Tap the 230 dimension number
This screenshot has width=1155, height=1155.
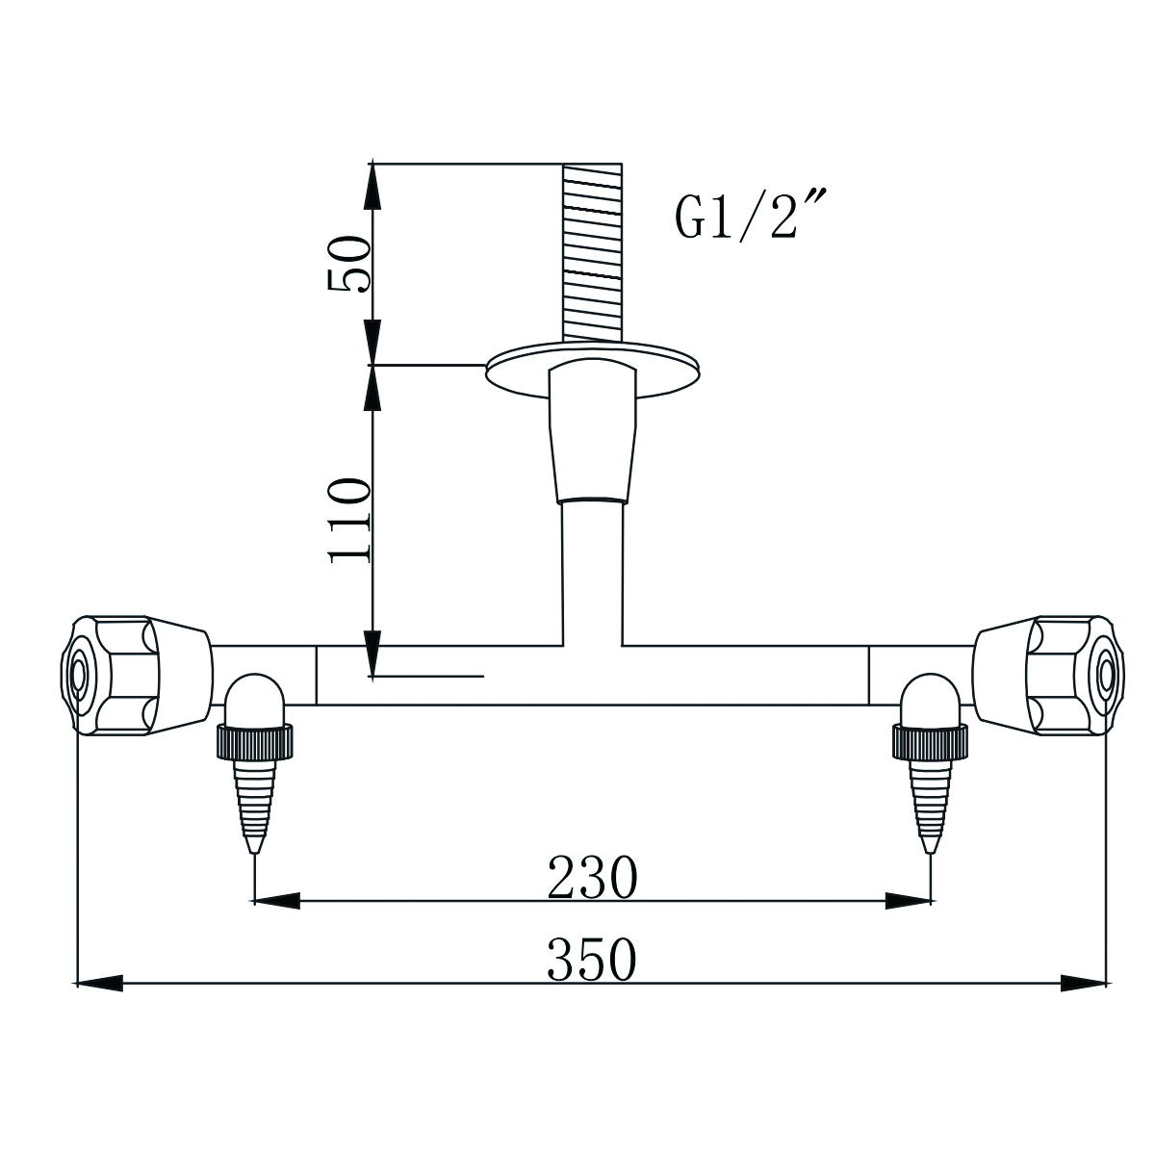tap(592, 877)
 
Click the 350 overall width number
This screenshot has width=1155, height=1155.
tap(592, 960)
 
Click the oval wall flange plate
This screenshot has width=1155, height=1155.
tap(593, 370)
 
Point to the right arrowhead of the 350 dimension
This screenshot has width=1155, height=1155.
tap(1083, 983)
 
